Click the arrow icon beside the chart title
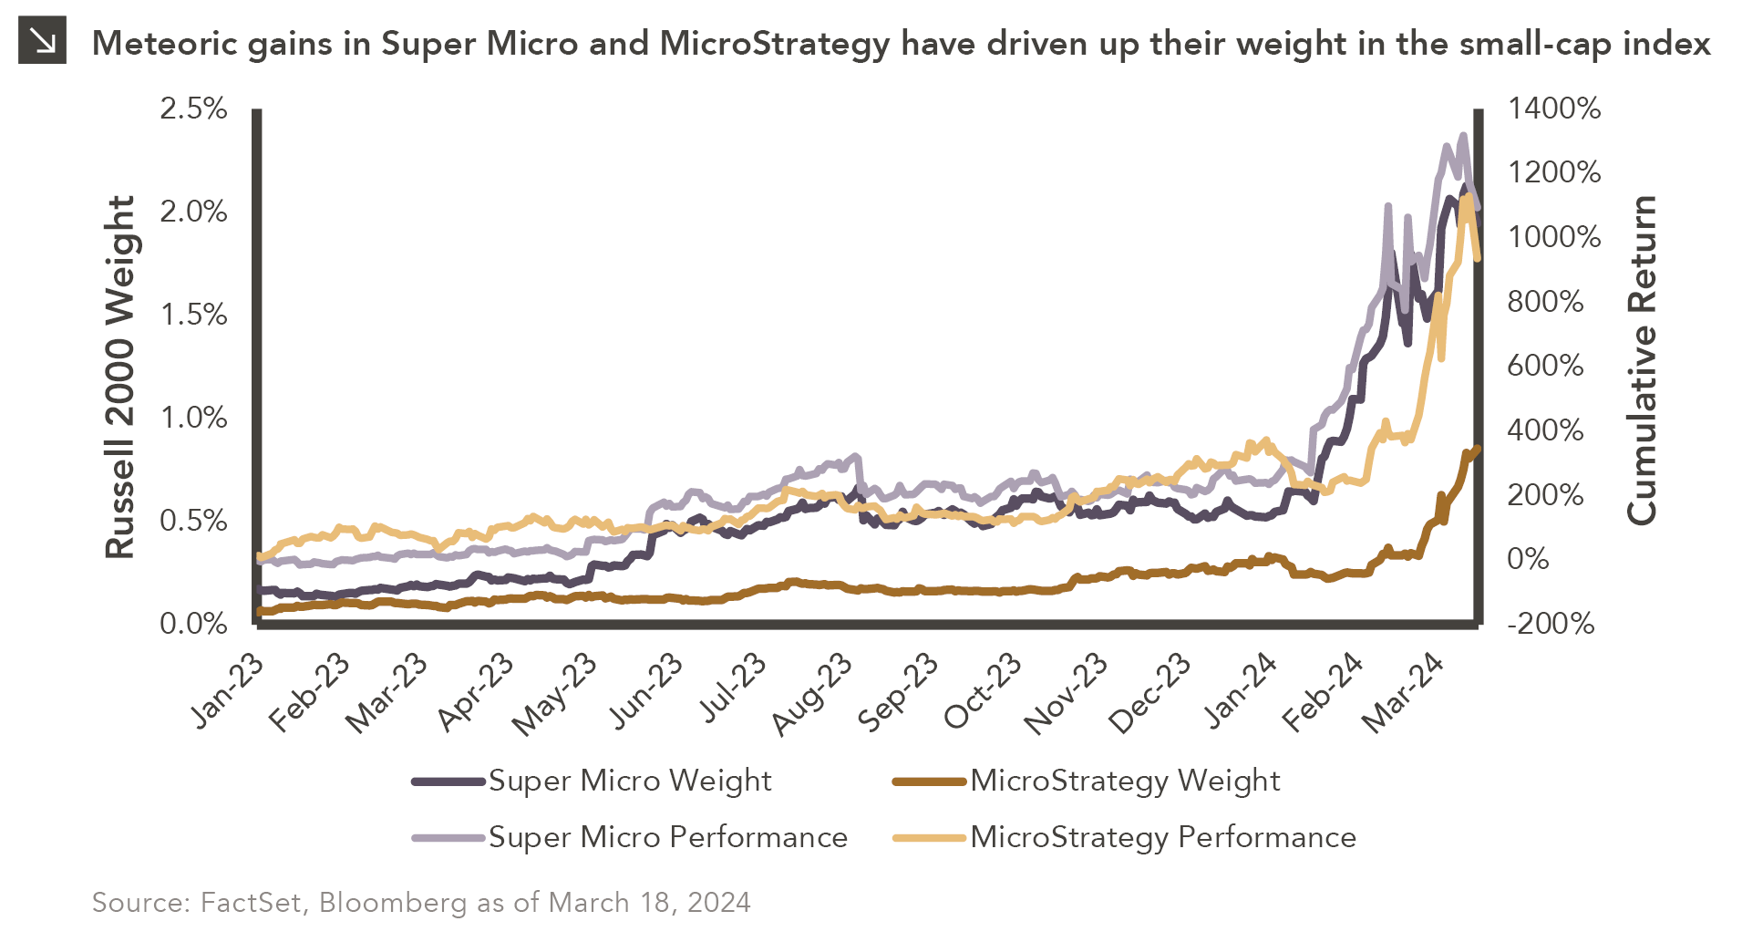(42, 41)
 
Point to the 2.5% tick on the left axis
(193, 109)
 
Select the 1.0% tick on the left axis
(193, 418)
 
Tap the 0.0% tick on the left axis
(193, 624)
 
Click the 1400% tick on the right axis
(1554, 109)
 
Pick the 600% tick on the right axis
(1546, 366)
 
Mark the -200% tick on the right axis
(1551, 624)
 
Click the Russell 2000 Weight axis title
(120, 376)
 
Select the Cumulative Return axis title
(1641, 360)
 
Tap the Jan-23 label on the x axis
(228, 691)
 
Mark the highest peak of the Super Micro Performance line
(1463, 136)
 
